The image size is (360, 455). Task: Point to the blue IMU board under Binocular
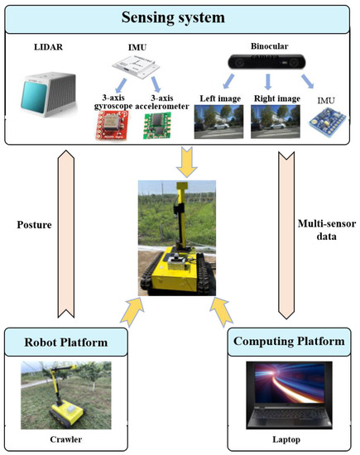pyautogui.click(x=331, y=128)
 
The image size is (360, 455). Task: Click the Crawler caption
pyautogui.click(x=65, y=439)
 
